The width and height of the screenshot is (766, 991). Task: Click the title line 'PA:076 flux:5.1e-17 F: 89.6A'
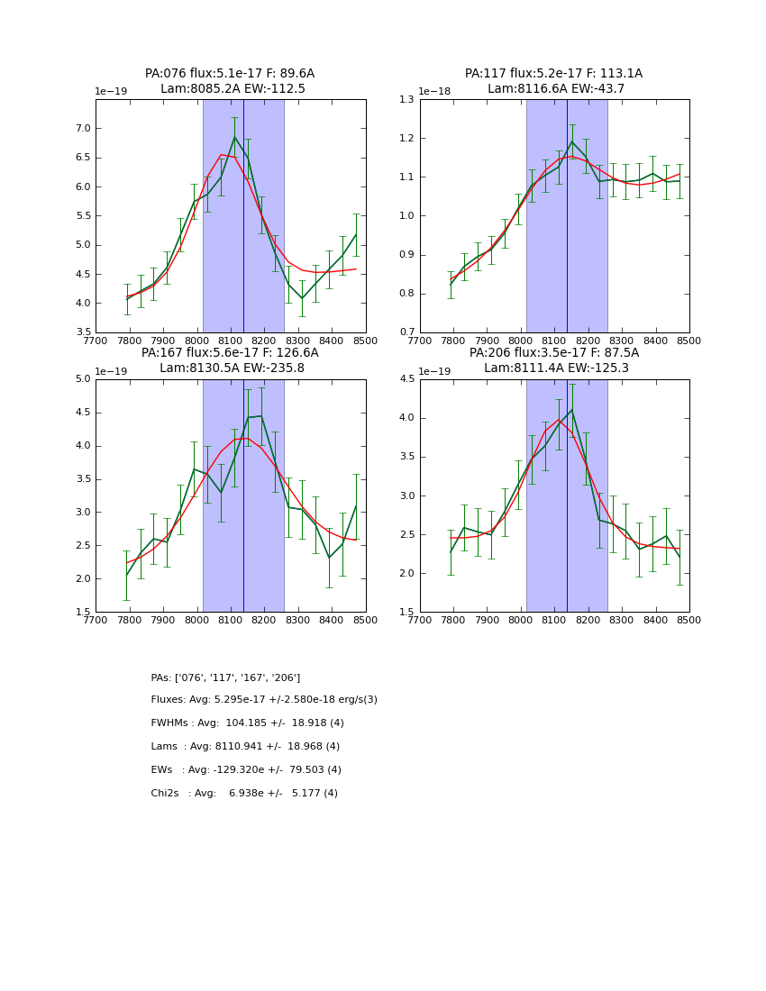point(230,74)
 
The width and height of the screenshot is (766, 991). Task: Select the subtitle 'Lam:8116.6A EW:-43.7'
point(555,89)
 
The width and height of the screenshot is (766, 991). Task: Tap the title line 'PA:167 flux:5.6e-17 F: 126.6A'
point(230,353)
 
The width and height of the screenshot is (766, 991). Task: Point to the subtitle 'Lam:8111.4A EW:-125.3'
point(555,368)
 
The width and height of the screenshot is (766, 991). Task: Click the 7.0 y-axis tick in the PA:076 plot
point(82,129)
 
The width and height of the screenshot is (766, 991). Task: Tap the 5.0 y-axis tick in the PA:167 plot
point(82,379)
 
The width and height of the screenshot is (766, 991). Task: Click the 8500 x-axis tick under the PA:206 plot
point(688,619)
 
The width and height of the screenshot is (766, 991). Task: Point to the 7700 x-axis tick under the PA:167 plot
point(96,619)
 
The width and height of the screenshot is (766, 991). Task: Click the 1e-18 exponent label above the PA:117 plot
point(435,91)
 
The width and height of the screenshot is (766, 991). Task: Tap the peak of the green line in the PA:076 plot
point(234,137)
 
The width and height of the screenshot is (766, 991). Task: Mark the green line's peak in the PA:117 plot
point(571,141)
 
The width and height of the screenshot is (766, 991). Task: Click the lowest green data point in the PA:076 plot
point(303,298)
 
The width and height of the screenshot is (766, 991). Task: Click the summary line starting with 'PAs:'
point(225,677)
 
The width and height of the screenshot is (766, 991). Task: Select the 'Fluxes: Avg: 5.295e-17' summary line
point(264,700)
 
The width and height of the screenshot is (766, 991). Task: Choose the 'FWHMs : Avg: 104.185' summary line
point(247,723)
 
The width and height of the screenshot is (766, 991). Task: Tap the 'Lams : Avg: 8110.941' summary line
point(245,747)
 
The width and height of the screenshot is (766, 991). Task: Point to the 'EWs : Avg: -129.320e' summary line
point(246,770)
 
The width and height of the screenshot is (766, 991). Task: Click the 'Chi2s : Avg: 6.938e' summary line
point(244,794)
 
